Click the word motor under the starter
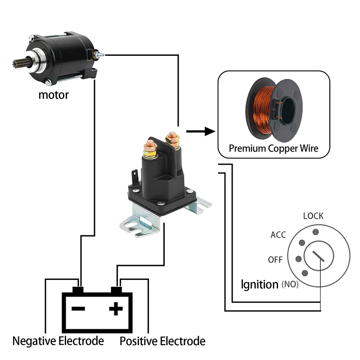[54, 95]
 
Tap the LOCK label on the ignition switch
[313, 216]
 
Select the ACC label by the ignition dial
[278, 235]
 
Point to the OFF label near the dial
[275, 260]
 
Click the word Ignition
[259, 284]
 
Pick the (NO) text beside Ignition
[290, 284]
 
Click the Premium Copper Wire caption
[273, 148]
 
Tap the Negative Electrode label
[58, 341]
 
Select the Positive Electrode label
[162, 341]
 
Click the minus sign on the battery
[78, 309]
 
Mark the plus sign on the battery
[116, 309]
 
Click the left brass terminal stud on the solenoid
[150, 149]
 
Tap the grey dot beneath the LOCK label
[316, 232]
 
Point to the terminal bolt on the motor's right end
[99, 55]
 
